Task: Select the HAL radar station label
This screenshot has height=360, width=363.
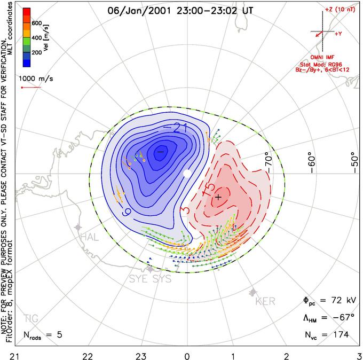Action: [x=89, y=237]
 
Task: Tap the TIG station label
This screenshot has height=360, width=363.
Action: [x=31, y=319]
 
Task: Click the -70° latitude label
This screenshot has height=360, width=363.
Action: [x=269, y=161]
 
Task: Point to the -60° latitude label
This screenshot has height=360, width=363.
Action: [x=313, y=161]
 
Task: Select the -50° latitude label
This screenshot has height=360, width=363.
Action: [x=353, y=161]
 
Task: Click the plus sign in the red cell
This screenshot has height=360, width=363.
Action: [x=218, y=198]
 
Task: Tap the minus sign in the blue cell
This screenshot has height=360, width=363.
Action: [x=160, y=152]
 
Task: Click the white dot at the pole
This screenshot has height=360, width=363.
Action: [x=186, y=174]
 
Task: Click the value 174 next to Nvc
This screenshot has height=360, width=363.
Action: [x=340, y=335]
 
